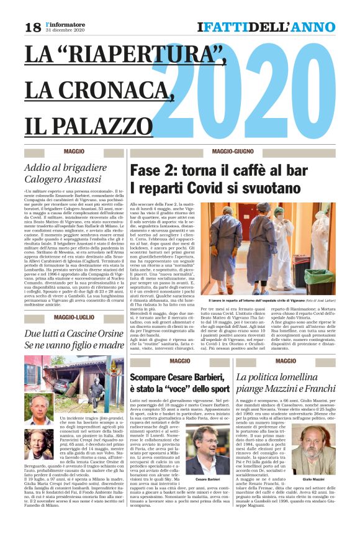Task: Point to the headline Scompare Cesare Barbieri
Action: tap(179, 385)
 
